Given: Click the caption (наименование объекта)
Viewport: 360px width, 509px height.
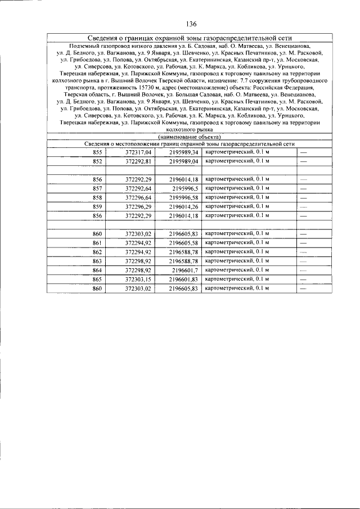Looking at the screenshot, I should (189, 137).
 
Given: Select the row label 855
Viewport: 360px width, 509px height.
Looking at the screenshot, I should (98, 152).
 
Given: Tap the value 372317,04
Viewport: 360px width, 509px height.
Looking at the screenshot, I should (138, 152).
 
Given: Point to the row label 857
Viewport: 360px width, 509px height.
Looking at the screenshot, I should (98, 188).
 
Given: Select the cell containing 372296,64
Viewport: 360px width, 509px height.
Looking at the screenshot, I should (138, 197).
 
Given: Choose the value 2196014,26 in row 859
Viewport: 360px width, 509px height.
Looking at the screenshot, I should (184, 206).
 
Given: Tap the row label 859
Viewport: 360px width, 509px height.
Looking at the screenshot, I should (98, 206).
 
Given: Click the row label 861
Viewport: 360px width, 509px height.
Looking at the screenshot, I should (98, 242).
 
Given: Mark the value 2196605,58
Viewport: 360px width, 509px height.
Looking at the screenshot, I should (184, 242).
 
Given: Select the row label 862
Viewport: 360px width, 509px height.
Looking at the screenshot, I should (98, 252).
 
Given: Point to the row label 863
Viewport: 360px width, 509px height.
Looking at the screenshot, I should (98, 261).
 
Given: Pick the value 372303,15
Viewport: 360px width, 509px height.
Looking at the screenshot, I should (138, 279).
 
